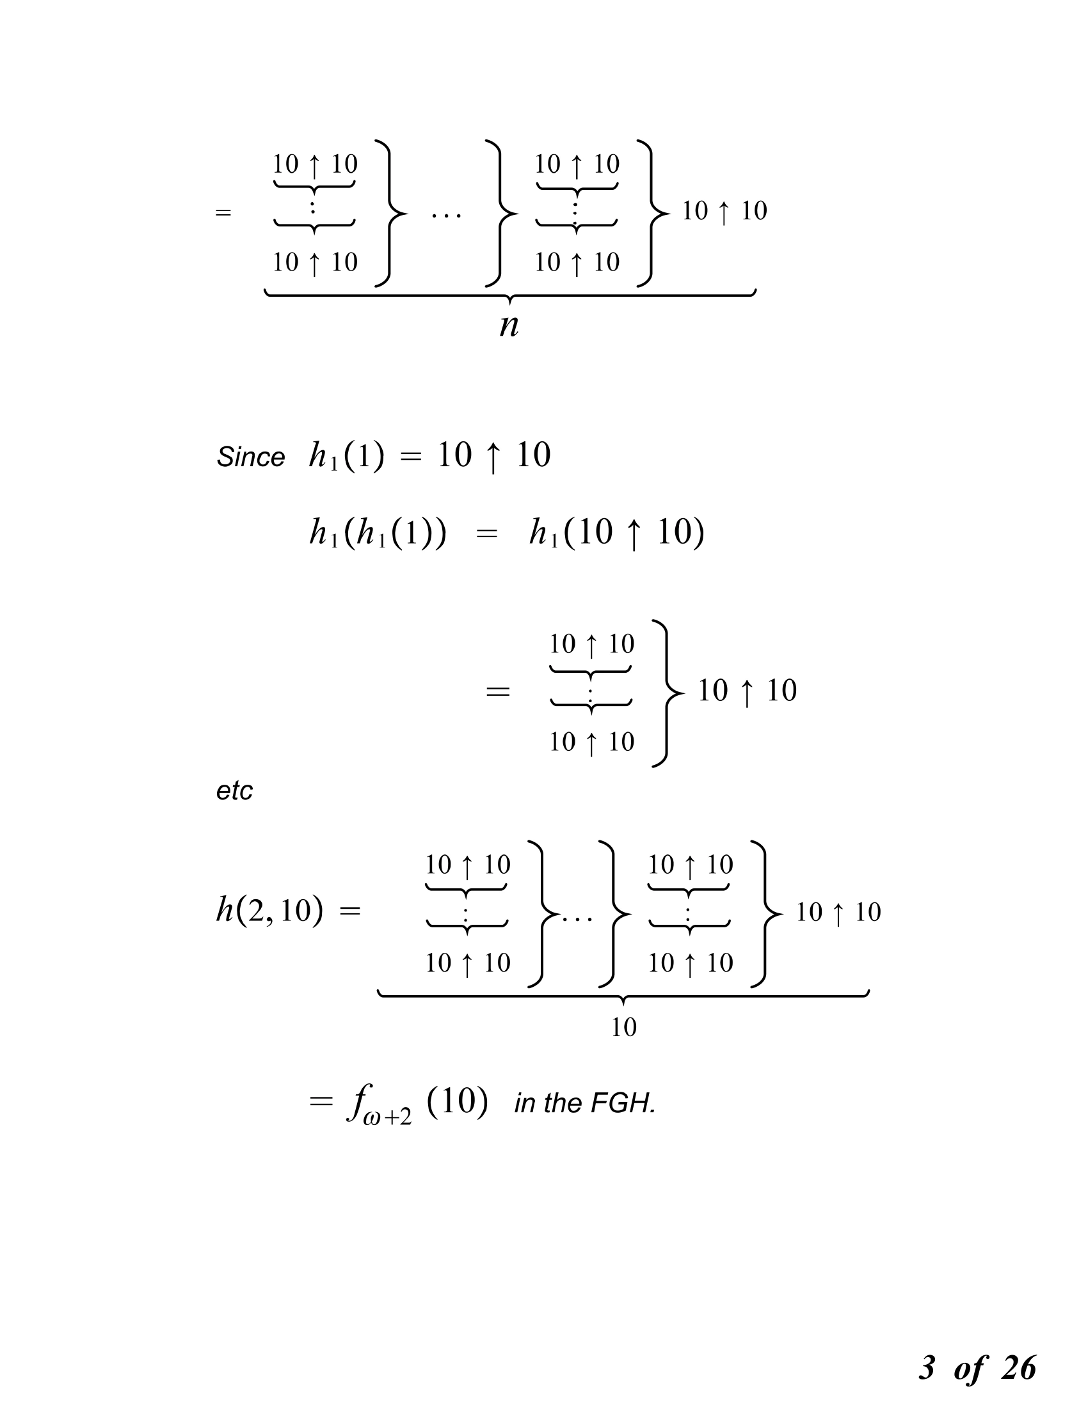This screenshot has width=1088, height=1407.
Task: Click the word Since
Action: (x=251, y=457)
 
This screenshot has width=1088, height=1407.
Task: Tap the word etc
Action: (x=234, y=791)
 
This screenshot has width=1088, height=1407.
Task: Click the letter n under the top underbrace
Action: (x=509, y=326)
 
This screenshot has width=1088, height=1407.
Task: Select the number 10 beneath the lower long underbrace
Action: (x=623, y=1028)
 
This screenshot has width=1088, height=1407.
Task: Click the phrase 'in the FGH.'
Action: (x=584, y=1104)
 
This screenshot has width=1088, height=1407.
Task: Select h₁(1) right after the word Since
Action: (x=346, y=456)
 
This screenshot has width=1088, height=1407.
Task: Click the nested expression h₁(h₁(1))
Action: (x=378, y=533)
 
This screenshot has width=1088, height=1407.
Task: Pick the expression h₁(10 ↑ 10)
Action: (x=617, y=533)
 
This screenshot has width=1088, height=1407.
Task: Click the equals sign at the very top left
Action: (x=223, y=212)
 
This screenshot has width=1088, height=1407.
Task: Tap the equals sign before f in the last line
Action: (x=321, y=1102)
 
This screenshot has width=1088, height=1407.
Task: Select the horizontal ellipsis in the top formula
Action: (x=446, y=215)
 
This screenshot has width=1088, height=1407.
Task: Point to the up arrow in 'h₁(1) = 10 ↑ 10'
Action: (x=493, y=457)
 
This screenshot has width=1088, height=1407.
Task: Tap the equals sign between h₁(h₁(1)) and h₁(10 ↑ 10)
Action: (x=486, y=534)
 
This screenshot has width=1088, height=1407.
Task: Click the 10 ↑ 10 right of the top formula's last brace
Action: (x=724, y=211)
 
